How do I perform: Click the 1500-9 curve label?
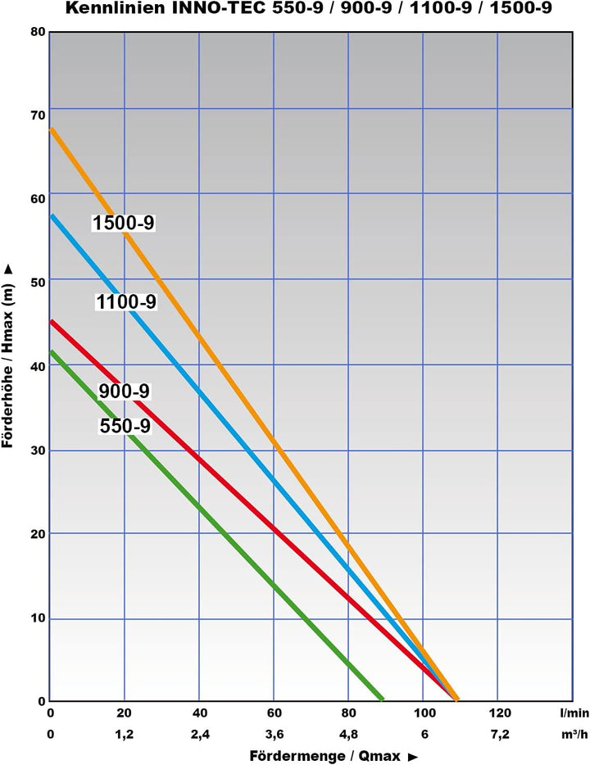click(124, 223)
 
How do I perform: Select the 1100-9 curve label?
click(125, 302)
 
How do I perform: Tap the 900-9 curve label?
click(124, 392)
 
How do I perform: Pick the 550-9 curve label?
click(125, 426)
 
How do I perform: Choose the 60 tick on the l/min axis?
click(274, 713)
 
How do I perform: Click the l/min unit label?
click(574, 713)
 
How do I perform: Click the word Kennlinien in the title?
click(112, 9)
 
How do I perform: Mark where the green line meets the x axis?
click(382, 700)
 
